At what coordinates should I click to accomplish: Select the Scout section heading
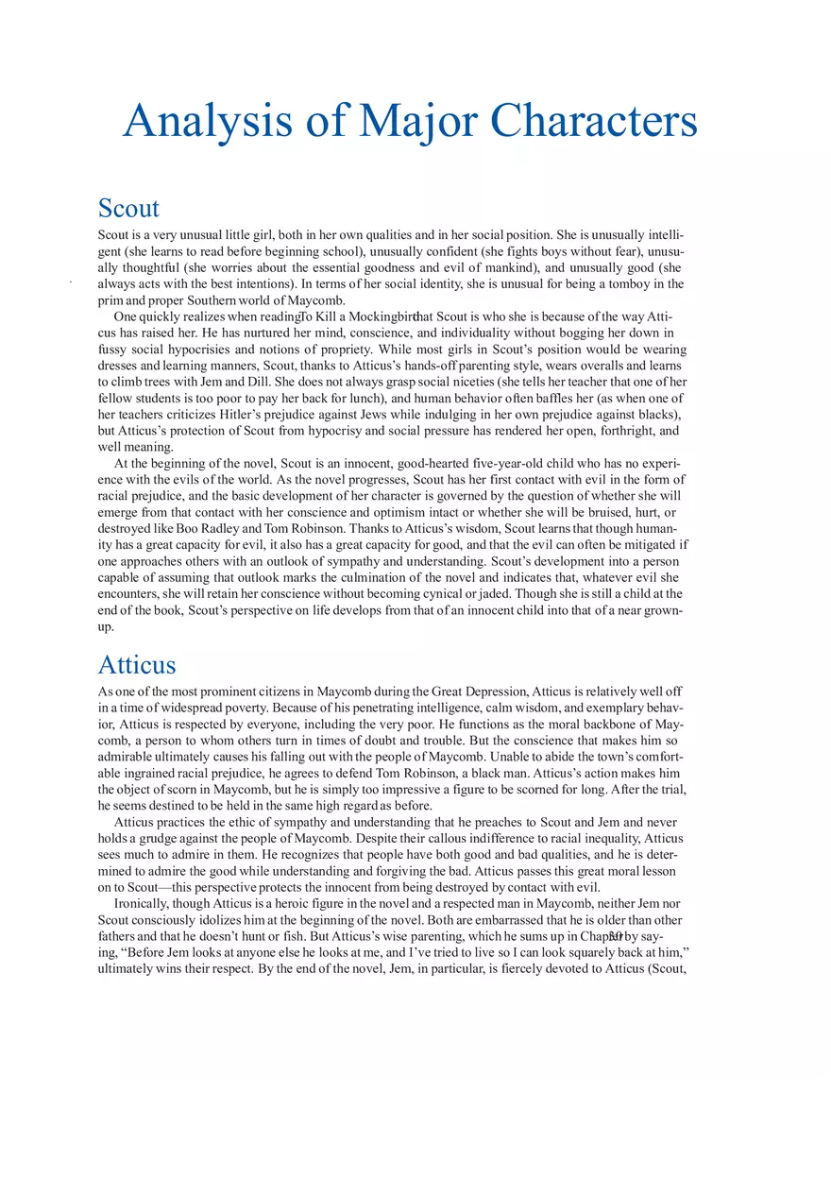coord(128,208)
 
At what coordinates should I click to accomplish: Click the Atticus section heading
coord(136,664)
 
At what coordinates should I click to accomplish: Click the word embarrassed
coord(423,920)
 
